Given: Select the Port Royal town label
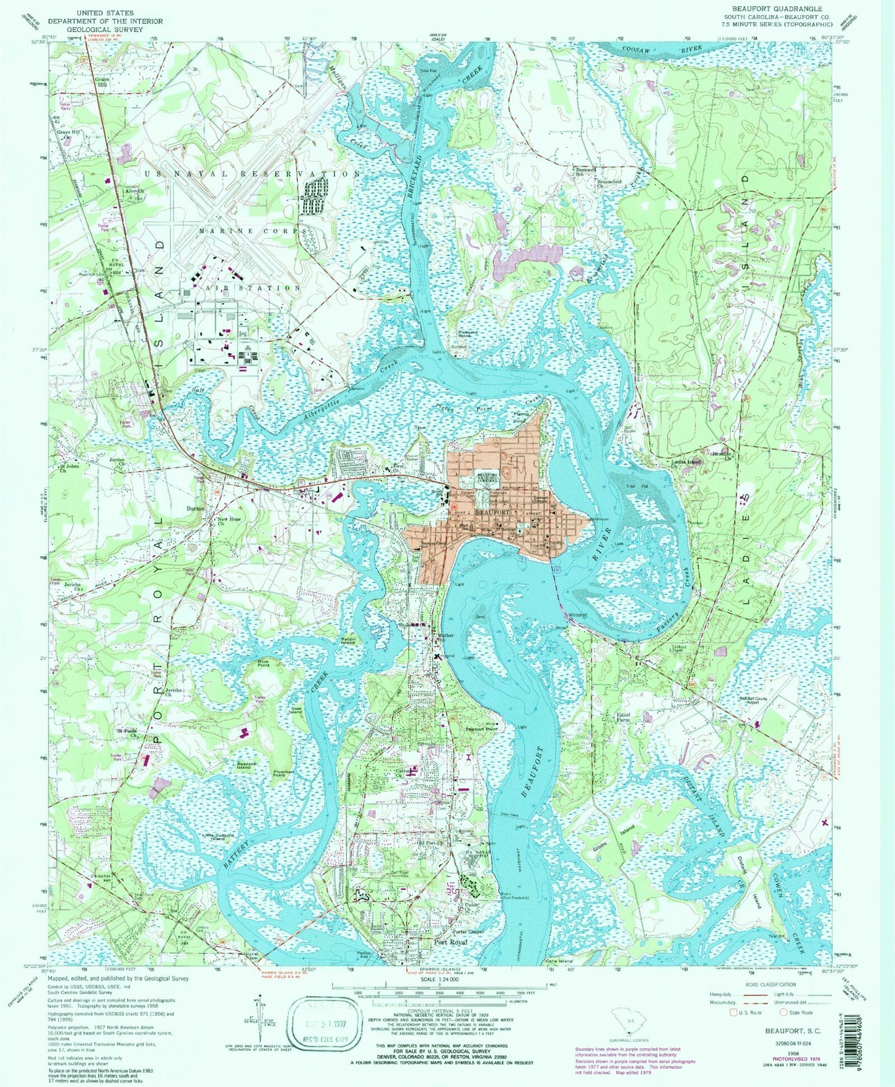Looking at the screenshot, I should (x=450, y=942).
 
